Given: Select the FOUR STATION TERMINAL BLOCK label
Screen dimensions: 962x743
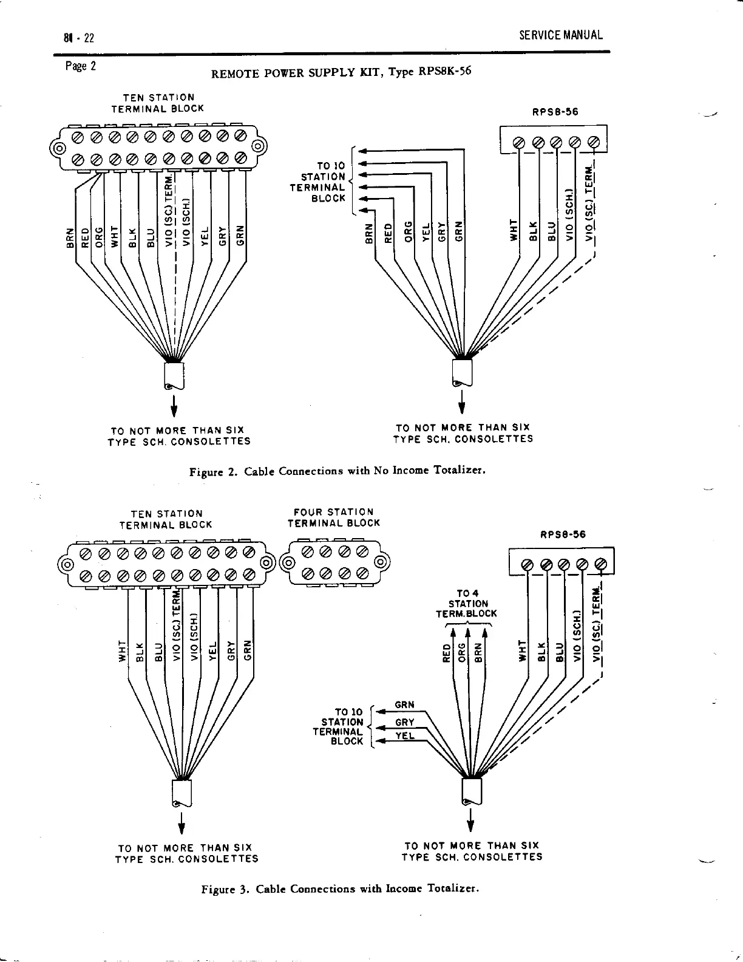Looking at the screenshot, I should [x=333, y=517].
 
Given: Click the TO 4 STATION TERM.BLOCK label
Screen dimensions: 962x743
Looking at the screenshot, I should [x=466, y=604].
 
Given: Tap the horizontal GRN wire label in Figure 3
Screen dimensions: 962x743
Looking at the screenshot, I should [x=404, y=705].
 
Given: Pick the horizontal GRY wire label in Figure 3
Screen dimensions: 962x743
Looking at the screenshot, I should [x=404, y=722].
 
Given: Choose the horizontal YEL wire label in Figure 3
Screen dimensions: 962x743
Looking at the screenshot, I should [x=404, y=735].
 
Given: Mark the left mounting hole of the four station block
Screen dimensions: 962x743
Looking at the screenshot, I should [x=288, y=562].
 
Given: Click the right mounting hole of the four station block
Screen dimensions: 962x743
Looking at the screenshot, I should [x=379, y=562].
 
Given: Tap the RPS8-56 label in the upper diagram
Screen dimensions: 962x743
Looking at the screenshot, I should [x=555, y=112].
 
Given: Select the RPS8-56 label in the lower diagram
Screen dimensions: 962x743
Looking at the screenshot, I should [x=563, y=535].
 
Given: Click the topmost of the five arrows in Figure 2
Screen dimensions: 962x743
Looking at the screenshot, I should [x=362, y=150].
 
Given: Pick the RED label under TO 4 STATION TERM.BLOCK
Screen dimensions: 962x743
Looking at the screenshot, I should [x=446, y=654].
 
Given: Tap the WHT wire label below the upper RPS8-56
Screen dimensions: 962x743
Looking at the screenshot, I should [x=514, y=230].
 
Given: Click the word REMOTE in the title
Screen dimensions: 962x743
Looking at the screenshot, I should [x=234, y=75].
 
